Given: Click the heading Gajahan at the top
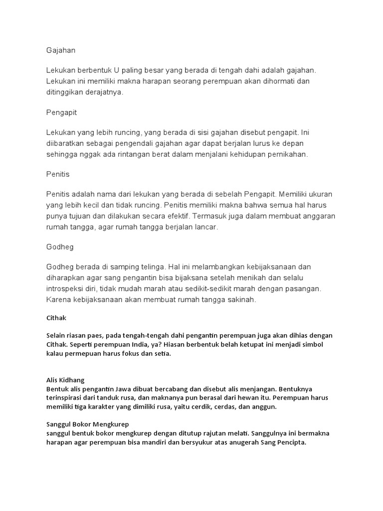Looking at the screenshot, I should click(x=60, y=50).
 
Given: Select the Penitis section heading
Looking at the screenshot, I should click(x=57, y=175).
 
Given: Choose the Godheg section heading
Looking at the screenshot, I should click(x=59, y=247).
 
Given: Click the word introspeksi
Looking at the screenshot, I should click(x=66, y=289).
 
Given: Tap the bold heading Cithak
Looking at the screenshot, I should click(x=56, y=318).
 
